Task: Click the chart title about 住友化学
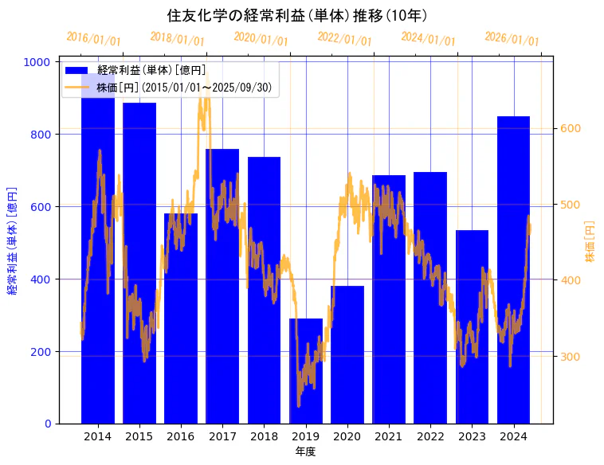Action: pos(297,15)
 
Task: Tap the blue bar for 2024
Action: pos(514,270)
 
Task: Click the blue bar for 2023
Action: pos(472,326)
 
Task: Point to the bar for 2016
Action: pos(181,318)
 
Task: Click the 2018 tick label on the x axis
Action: pos(264,436)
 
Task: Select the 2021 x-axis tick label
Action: pos(389,436)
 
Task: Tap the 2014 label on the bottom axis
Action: pos(98,436)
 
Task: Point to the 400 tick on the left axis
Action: pos(43,279)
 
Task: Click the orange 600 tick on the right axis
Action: pos(571,128)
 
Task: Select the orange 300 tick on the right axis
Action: pos(571,357)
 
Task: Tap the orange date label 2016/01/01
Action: pos(93,38)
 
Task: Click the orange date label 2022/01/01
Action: pos(344,38)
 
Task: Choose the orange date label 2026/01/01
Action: pos(512,38)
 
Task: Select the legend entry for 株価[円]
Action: pos(187,88)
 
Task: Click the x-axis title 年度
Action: pos(305,452)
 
